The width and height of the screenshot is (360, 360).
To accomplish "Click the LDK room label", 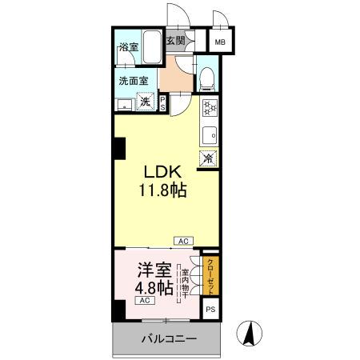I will (165, 173).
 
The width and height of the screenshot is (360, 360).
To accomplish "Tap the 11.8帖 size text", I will (165, 191).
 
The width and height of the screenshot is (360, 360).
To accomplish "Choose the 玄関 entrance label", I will (175, 41).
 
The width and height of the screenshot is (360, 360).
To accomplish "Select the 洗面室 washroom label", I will (133, 80).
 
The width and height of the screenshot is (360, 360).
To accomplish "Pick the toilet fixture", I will (207, 77).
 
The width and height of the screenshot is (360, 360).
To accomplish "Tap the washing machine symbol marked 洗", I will (146, 102).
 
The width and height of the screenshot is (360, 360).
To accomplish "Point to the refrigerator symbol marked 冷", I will (208, 158).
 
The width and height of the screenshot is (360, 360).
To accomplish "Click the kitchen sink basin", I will (209, 134).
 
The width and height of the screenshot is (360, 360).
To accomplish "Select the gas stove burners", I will (208, 108).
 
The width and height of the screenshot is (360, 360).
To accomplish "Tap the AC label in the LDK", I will (183, 240).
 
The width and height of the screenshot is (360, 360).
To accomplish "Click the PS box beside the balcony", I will (210, 310).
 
